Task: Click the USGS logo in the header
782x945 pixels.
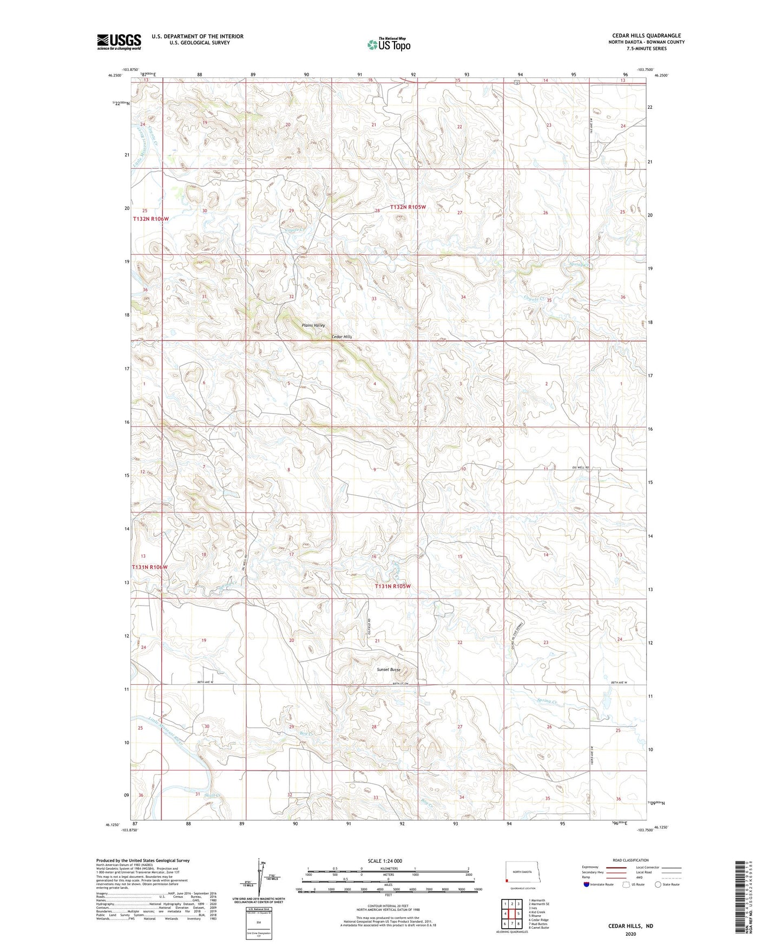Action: tap(119, 42)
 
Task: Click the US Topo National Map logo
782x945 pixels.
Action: tap(388, 44)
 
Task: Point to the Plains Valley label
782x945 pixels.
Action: tap(313, 325)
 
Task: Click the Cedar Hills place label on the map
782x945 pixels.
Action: tap(341, 337)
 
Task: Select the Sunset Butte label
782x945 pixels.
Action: tap(389, 670)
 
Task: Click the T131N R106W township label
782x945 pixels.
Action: tap(150, 567)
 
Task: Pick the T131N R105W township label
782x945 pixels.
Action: tap(393, 586)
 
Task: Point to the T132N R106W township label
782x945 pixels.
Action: tap(151, 219)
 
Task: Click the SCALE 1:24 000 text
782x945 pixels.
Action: tap(385, 861)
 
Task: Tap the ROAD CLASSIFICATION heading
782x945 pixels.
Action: tap(631, 860)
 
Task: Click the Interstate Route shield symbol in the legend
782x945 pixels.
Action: tap(587, 884)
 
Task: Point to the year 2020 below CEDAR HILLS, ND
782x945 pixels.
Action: tap(630, 934)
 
